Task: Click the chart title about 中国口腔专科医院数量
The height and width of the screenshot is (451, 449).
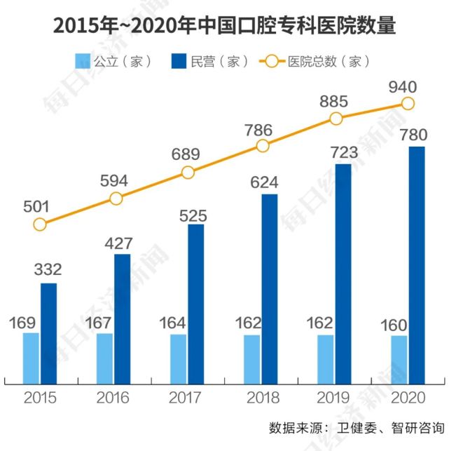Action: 224,26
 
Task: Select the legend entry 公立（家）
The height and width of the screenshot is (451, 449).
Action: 113,61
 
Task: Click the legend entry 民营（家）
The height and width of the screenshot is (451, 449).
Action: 209,61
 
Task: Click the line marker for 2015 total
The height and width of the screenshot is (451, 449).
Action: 40,224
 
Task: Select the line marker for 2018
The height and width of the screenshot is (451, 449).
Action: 263,146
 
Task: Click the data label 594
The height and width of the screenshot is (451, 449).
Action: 113,181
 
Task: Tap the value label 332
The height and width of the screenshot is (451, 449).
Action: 48,269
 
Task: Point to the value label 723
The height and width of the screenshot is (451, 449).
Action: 343,152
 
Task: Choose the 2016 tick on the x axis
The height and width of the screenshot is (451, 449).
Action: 113,398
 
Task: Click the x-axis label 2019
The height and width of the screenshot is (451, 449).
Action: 334,398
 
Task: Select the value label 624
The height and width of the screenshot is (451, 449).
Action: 270,182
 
